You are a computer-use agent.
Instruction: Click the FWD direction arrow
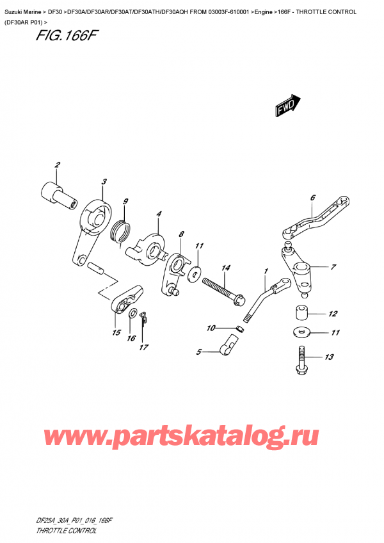point(287,106)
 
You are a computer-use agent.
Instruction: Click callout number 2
point(57,166)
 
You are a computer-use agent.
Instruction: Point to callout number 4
point(159,213)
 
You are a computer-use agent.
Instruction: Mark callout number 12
point(332,314)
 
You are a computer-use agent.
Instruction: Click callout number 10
point(211,329)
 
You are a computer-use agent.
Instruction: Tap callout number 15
point(116,332)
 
